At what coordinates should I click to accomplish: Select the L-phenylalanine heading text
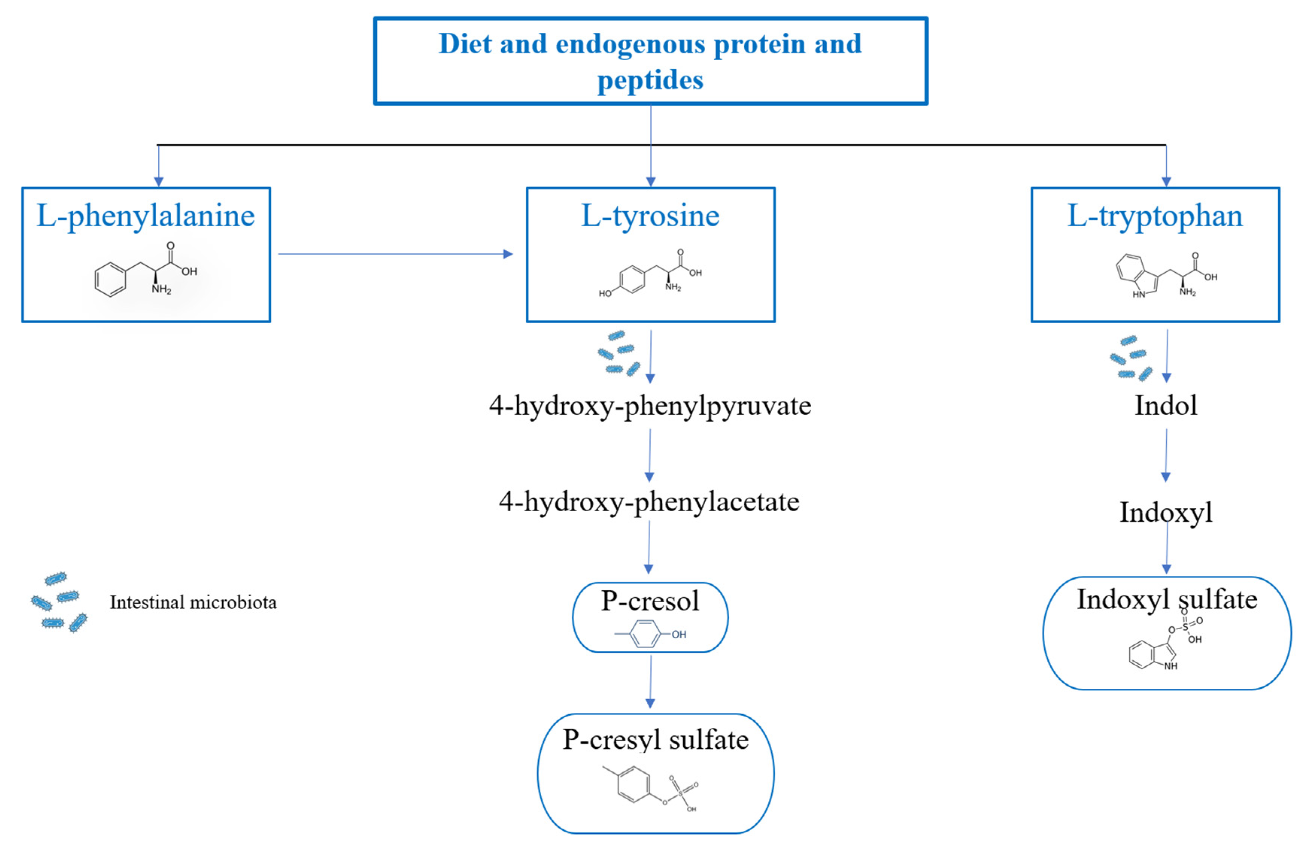coord(146,215)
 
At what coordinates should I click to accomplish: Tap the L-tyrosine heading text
coord(650,215)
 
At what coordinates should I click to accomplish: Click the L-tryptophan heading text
coord(1155,215)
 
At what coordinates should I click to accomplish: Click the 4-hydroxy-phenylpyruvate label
coord(650,406)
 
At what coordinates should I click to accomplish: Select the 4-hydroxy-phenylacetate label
coord(649,501)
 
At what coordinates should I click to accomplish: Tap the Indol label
coord(1166,406)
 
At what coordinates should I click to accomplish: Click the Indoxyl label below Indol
coord(1166,512)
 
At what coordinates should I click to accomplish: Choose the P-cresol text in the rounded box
coord(650,600)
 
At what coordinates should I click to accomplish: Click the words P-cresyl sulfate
coord(655,739)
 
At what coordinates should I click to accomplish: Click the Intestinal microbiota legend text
coord(193,602)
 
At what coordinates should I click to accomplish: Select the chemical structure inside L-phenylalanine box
coord(146,270)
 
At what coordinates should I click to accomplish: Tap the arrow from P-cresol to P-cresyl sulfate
coord(651,681)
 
